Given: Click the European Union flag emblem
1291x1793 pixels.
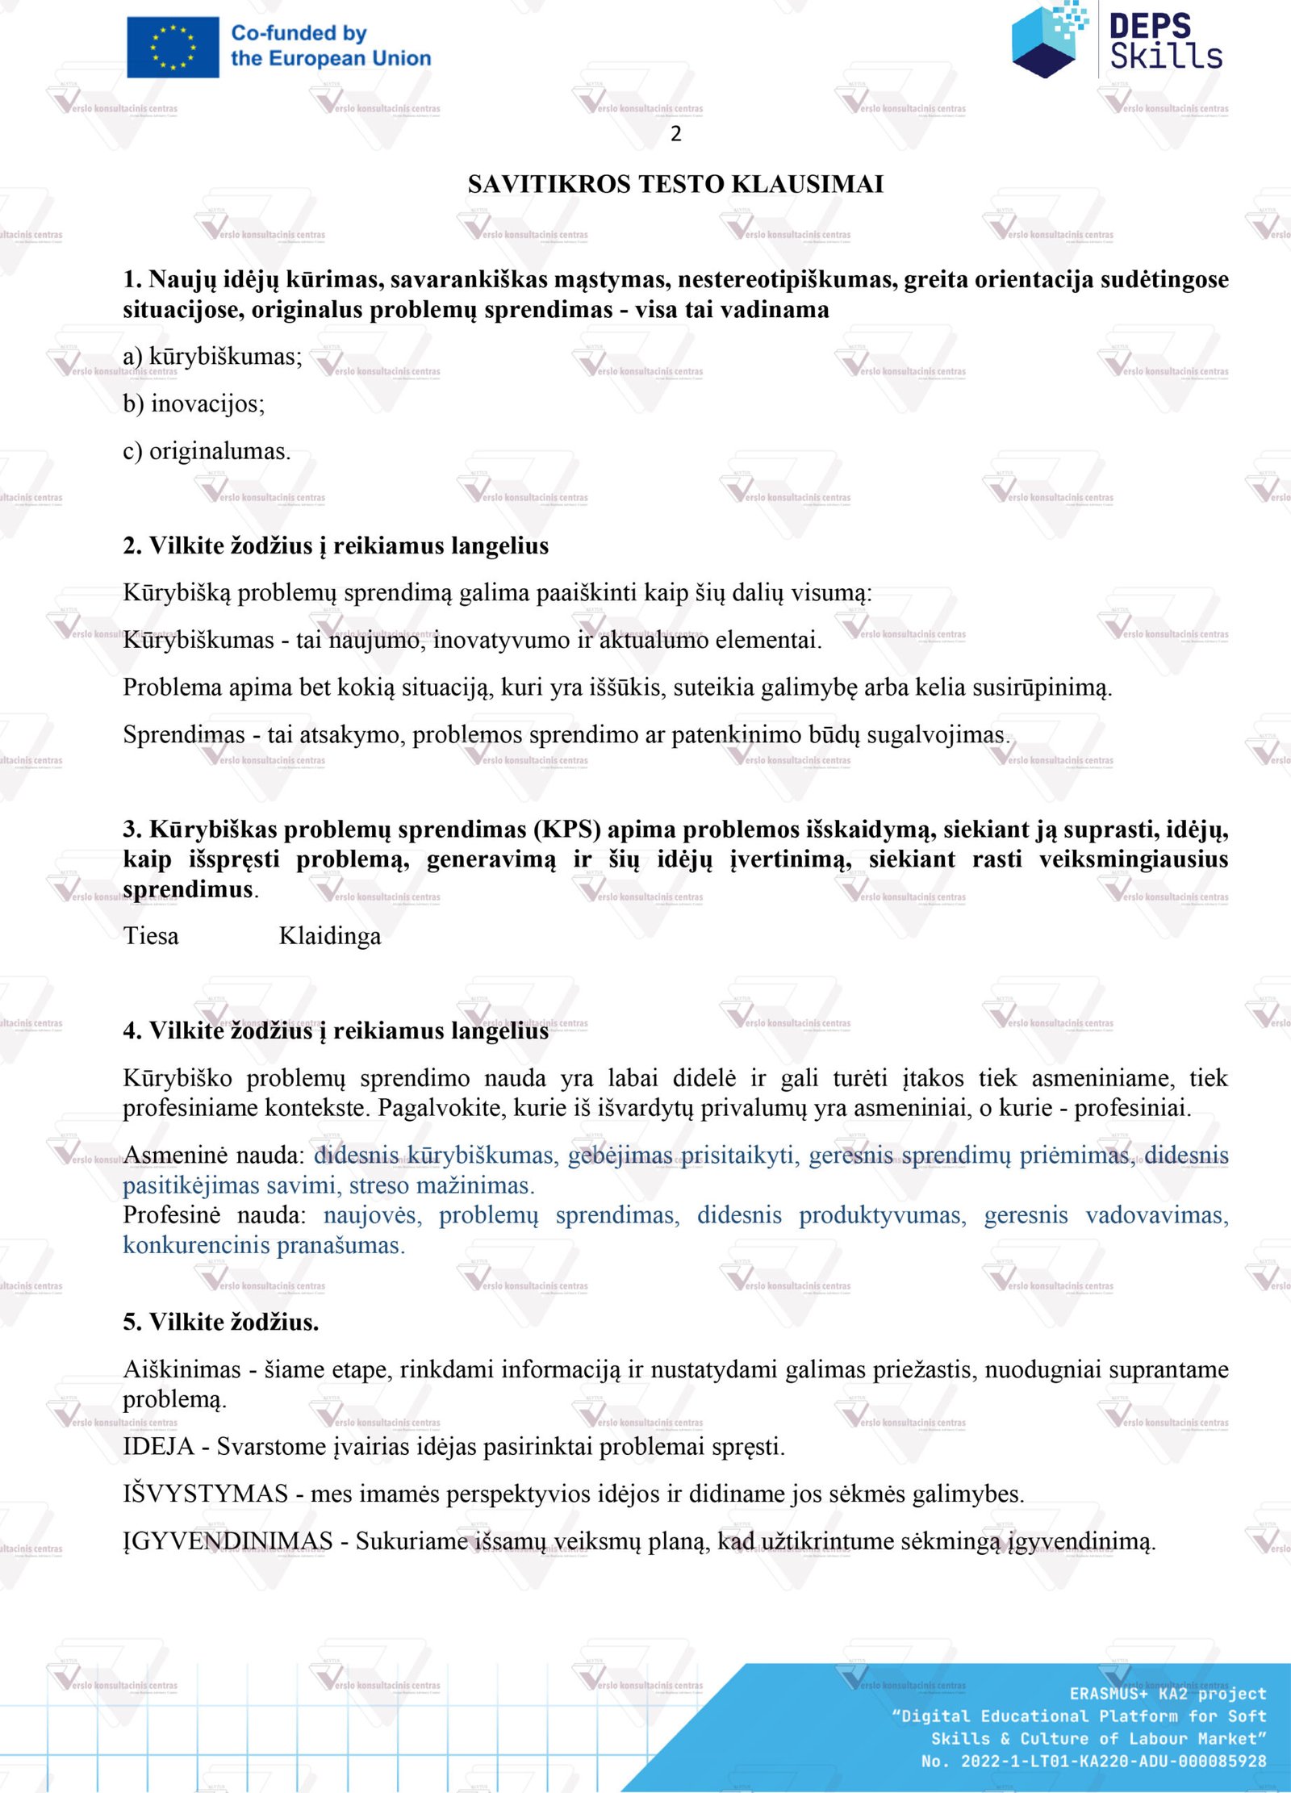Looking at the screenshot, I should [x=173, y=48].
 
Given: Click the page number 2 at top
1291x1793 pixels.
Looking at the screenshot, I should [x=676, y=134].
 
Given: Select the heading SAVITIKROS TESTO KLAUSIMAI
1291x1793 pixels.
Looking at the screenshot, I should [x=675, y=185].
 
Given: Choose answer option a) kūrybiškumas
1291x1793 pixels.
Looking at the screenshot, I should [x=212, y=357].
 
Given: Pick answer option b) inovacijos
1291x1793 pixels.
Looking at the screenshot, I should [x=194, y=403].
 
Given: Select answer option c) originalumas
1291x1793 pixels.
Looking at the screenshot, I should [x=207, y=451].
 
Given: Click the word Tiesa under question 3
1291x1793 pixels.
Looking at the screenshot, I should [x=151, y=936].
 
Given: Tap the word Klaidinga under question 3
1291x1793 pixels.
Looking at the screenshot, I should [x=330, y=936].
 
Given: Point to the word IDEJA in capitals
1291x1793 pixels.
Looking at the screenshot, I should [x=158, y=1447].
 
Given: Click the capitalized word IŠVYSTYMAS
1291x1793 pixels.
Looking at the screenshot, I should [x=205, y=1494].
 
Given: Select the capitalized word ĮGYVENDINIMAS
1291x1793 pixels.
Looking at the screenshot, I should [x=228, y=1541].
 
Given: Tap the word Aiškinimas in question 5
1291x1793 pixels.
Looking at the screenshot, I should [x=182, y=1369].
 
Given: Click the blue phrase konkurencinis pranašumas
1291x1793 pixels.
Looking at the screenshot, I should [x=263, y=1245].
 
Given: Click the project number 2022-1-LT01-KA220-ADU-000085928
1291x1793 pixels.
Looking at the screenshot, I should [x=1113, y=1762].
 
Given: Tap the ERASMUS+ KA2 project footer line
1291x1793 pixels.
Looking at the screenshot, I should [x=1168, y=1694].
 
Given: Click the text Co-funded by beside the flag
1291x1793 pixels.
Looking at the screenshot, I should [x=299, y=34].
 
